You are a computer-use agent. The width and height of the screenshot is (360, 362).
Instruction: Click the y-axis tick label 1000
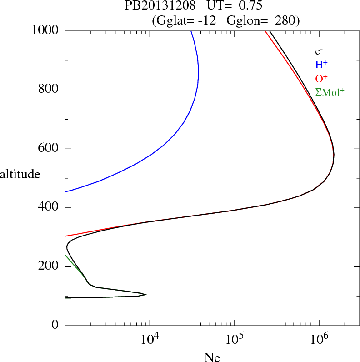pyautogui.click(x=45, y=30)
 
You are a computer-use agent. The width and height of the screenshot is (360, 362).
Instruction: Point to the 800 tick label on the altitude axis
pyautogui.click(x=48, y=90)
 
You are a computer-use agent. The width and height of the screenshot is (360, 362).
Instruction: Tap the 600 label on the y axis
pyautogui.click(x=48, y=149)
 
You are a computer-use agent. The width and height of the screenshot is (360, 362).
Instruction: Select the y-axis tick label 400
pyautogui.click(x=48, y=208)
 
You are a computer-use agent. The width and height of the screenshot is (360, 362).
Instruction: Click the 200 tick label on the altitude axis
pyautogui.click(x=48, y=266)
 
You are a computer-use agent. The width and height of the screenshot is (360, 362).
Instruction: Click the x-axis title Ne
pyautogui.click(x=212, y=357)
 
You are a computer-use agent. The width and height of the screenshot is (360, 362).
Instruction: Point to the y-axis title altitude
pyautogui.click(x=20, y=174)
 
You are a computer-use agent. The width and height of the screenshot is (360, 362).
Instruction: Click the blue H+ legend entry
pyautogui.click(x=321, y=65)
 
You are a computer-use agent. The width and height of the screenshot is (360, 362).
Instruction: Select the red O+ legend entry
pyautogui.click(x=321, y=79)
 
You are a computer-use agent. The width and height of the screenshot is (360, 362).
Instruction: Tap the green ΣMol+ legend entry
pyautogui.click(x=330, y=92)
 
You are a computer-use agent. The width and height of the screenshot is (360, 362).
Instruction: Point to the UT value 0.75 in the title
pyautogui.click(x=250, y=6)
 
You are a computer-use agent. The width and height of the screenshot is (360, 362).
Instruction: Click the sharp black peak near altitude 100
pyautogui.click(x=146, y=294)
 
